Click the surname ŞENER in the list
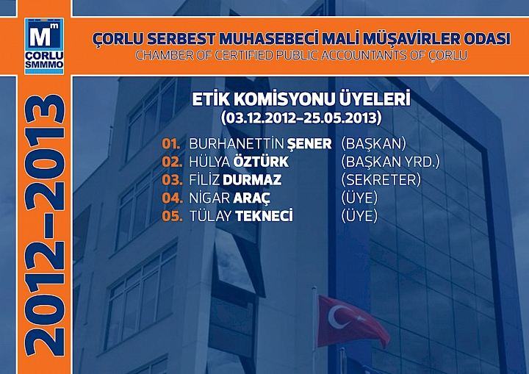pos(309,144)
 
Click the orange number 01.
pos(171,144)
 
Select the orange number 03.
pos(171,180)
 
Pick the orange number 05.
pos(171,216)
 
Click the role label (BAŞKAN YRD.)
pos(390,162)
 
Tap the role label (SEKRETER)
pos(381,180)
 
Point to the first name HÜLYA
pos(209,162)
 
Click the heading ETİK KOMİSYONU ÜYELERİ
pos(300,99)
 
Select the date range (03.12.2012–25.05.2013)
pos(300,116)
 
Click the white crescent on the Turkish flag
pos(339,317)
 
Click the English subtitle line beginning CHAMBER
pos(300,55)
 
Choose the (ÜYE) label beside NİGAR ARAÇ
pos(359,198)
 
